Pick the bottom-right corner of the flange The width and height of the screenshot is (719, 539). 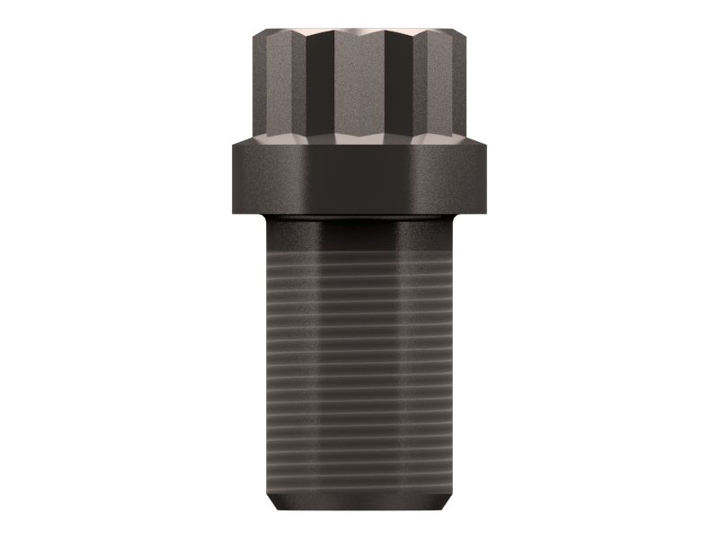pyautogui.click(x=485, y=212)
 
